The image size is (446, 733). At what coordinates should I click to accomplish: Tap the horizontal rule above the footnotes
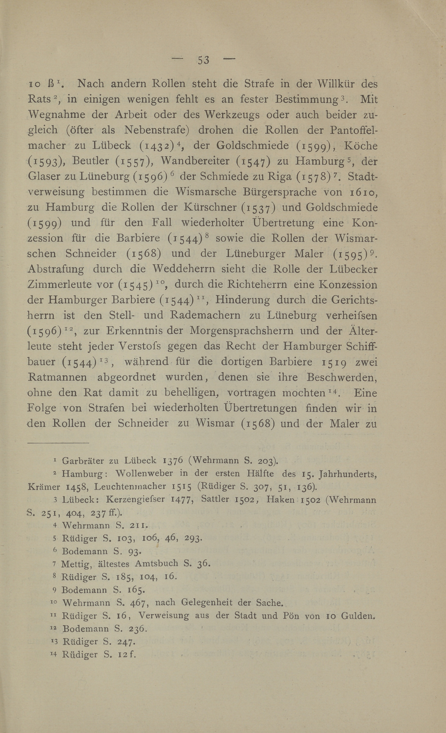58,443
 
